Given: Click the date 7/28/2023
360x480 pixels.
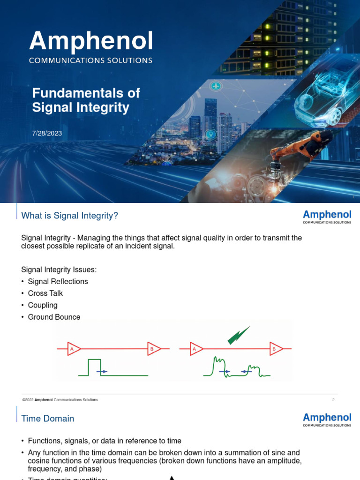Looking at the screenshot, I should [x=47, y=133].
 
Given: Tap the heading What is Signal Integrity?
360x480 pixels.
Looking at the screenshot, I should [x=70, y=216].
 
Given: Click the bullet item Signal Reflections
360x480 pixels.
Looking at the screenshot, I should [x=58, y=281].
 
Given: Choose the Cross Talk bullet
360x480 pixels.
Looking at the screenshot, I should [x=45, y=293].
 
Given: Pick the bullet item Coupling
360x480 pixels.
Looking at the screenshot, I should [x=43, y=305].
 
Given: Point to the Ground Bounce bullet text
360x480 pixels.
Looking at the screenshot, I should [x=54, y=317].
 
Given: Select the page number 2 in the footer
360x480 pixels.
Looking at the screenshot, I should [x=333, y=400].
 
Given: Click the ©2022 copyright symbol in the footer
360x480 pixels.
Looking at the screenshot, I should [x=24, y=400].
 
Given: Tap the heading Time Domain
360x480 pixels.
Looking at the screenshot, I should [x=48, y=418].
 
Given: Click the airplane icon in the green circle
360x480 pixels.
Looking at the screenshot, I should [x=216, y=86].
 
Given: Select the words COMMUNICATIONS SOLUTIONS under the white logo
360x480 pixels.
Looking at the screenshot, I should [x=91, y=60].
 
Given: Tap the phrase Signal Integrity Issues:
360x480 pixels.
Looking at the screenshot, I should [x=59, y=270].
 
